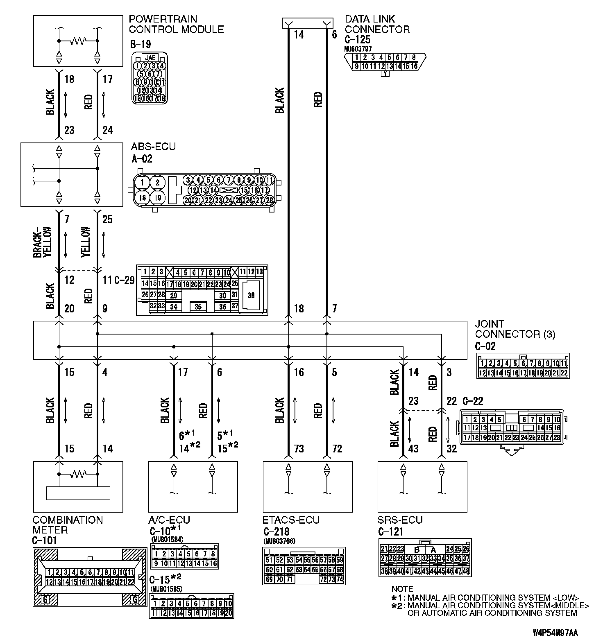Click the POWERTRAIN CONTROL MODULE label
[x=176, y=24]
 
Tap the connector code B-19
[x=140, y=44]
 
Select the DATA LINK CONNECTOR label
[x=377, y=24]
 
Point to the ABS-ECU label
[x=153, y=147]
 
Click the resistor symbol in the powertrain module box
[x=78, y=41]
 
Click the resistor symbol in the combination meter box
[x=78, y=474]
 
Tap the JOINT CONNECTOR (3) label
[x=515, y=329]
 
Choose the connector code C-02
[x=485, y=346]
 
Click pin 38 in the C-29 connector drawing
[x=251, y=295]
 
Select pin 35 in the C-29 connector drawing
[x=198, y=307]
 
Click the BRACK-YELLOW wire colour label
[x=43, y=242]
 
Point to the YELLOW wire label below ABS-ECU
[x=86, y=242]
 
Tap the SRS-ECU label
[x=400, y=520]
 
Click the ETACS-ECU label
[x=291, y=520]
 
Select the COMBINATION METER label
[x=68, y=525]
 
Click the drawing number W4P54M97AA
[x=555, y=633]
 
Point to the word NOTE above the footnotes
[x=402, y=589]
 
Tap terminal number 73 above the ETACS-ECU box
[x=299, y=449]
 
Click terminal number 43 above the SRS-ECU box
[x=414, y=449]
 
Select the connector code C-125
[x=357, y=40]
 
